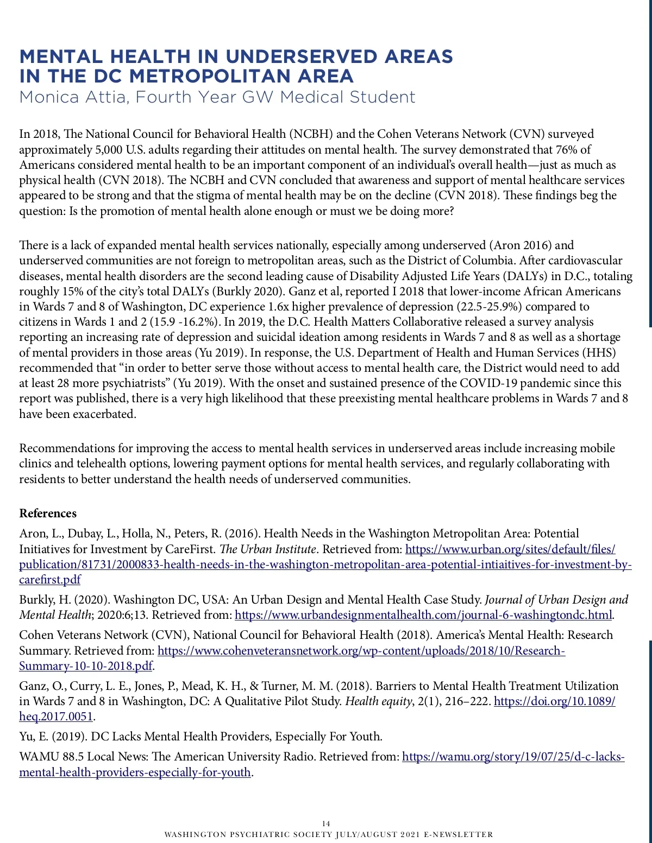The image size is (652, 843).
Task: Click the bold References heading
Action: point(48,513)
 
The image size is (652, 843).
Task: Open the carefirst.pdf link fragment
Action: point(50,579)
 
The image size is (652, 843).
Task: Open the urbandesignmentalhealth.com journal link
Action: point(423,615)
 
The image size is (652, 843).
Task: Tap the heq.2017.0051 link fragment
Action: point(56,717)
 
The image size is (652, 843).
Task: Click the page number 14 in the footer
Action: point(326,823)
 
